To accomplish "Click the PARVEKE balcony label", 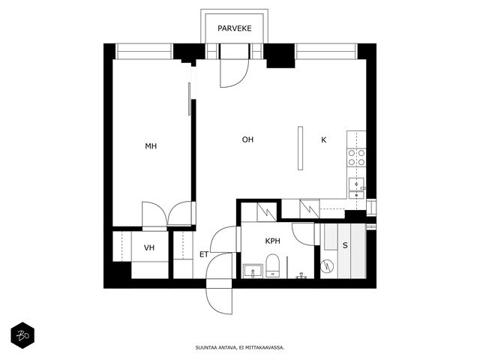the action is click(x=235, y=28).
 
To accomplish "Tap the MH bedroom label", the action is click(x=151, y=146).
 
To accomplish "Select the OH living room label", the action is click(x=247, y=139).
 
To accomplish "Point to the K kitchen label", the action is click(x=323, y=140).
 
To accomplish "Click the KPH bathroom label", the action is click(x=272, y=241).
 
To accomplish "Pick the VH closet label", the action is click(x=149, y=247).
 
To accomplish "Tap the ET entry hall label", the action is click(x=204, y=254).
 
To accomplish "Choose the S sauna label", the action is click(x=345, y=245).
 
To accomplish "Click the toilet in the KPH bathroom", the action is click(x=271, y=265).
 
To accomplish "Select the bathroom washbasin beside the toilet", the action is click(x=253, y=271).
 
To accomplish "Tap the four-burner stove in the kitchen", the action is click(x=357, y=157).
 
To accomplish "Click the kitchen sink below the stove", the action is click(x=357, y=188).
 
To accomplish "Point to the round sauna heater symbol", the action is click(x=327, y=266).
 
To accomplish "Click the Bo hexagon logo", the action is click(x=22, y=335).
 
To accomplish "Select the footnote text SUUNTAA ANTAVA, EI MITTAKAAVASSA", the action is click(x=240, y=347).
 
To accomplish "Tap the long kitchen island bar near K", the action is click(x=300, y=148).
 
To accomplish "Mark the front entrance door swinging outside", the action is click(x=219, y=296).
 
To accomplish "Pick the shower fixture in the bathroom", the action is click(x=301, y=275).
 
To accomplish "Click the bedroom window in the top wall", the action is click(x=144, y=52).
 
